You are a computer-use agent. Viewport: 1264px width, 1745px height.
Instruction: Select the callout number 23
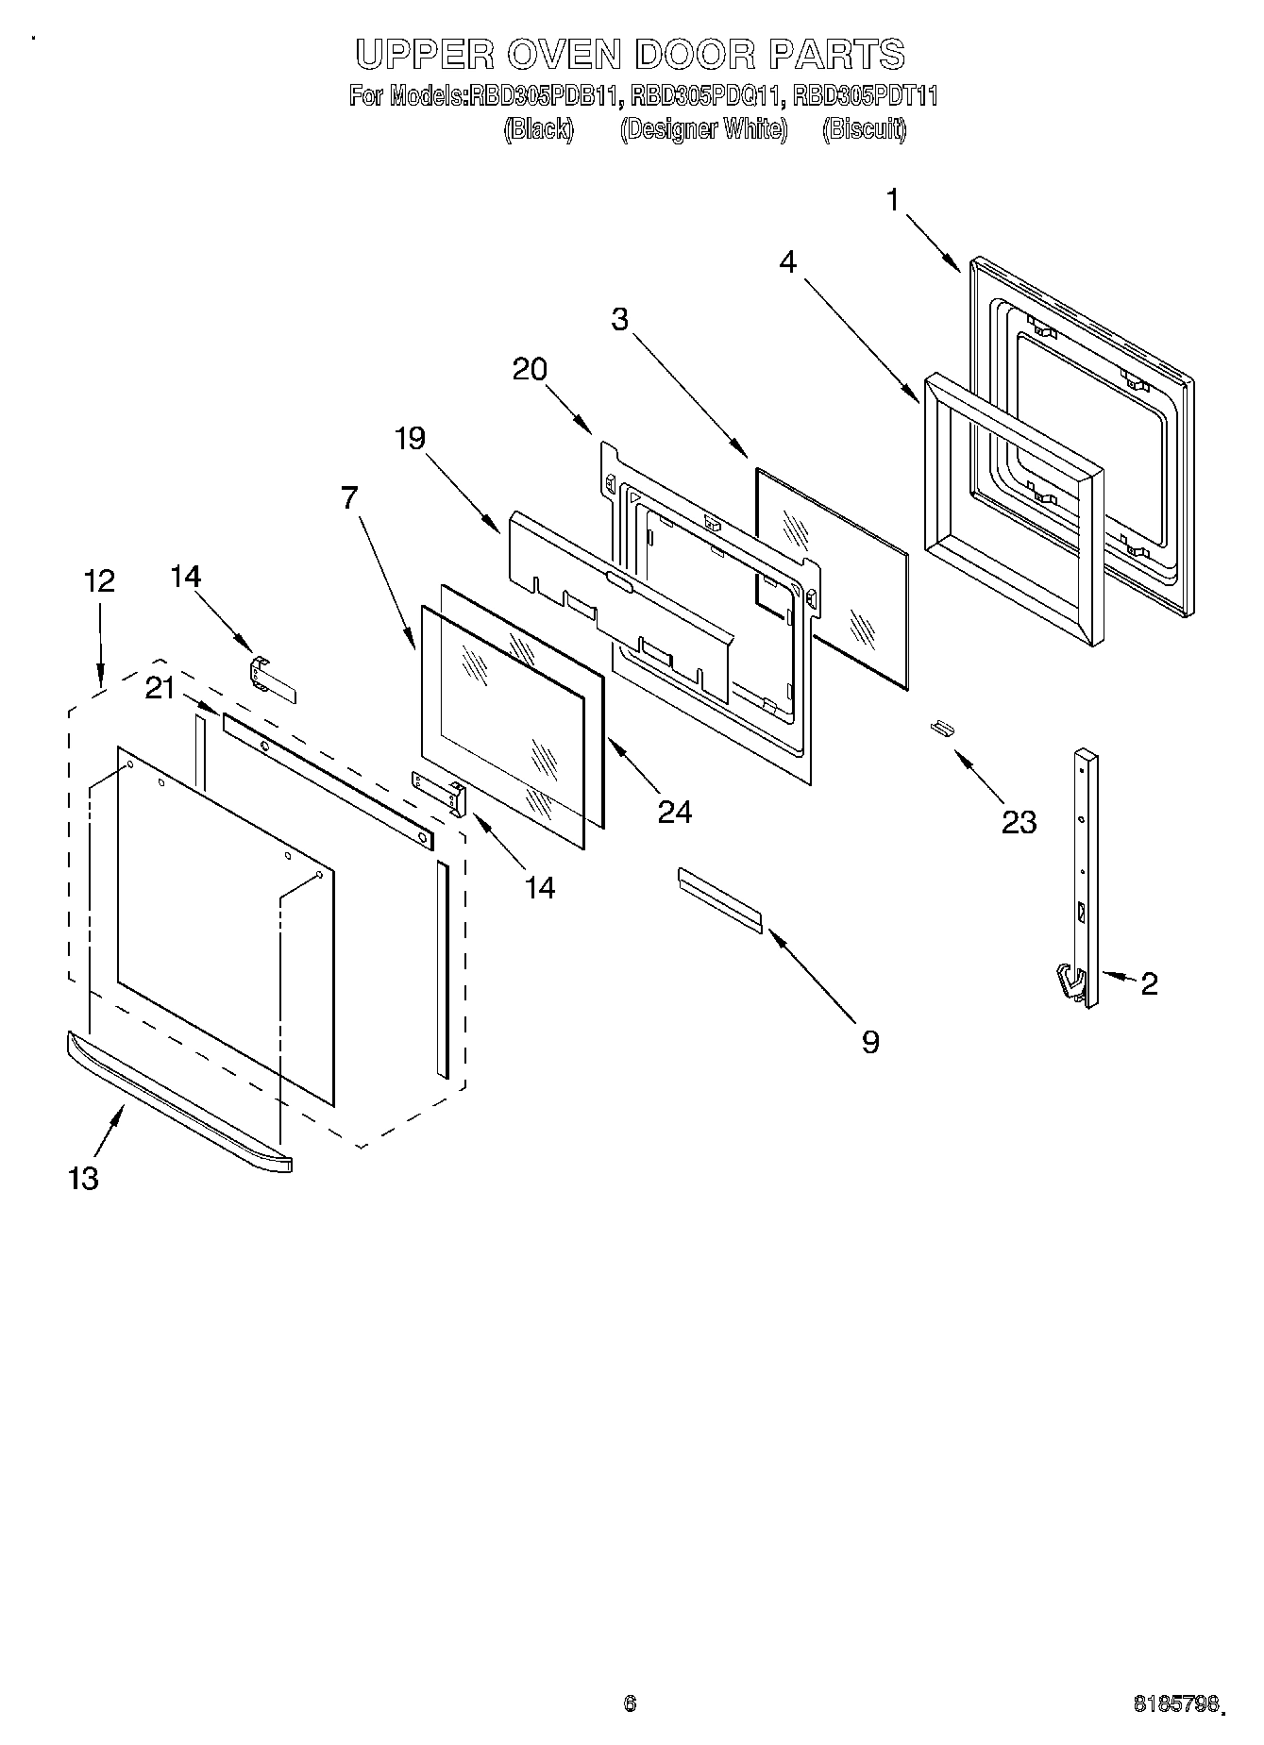pyautogui.click(x=1019, y=822)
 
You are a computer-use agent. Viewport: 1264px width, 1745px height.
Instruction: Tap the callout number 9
pyautogui.click(x=869, y=1041)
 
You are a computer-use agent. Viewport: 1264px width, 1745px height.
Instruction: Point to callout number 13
pyautogui.click(x=83, y=1178)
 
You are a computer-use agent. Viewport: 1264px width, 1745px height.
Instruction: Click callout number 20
pyautogui.click(x=530, y=369)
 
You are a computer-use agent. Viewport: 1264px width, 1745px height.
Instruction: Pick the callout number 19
pyautogui.click(x=410, y=438)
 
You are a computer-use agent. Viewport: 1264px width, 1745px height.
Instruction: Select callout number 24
pyautogui.click(x=674, y=811)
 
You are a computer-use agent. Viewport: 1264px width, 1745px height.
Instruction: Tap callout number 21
pyautogui.click(x=160, y=689)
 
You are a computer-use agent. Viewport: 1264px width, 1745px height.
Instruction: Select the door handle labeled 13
pyautogui.click(x=179, y=1103)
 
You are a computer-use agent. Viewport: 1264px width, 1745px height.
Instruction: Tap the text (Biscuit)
pyautogui.click(x=864, y=129)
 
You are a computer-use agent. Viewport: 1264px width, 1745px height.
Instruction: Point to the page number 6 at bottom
pyautogui.click(x=630, y=1703)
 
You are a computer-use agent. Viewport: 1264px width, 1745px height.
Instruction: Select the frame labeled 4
pyautogui.click(x=1013, y=510)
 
